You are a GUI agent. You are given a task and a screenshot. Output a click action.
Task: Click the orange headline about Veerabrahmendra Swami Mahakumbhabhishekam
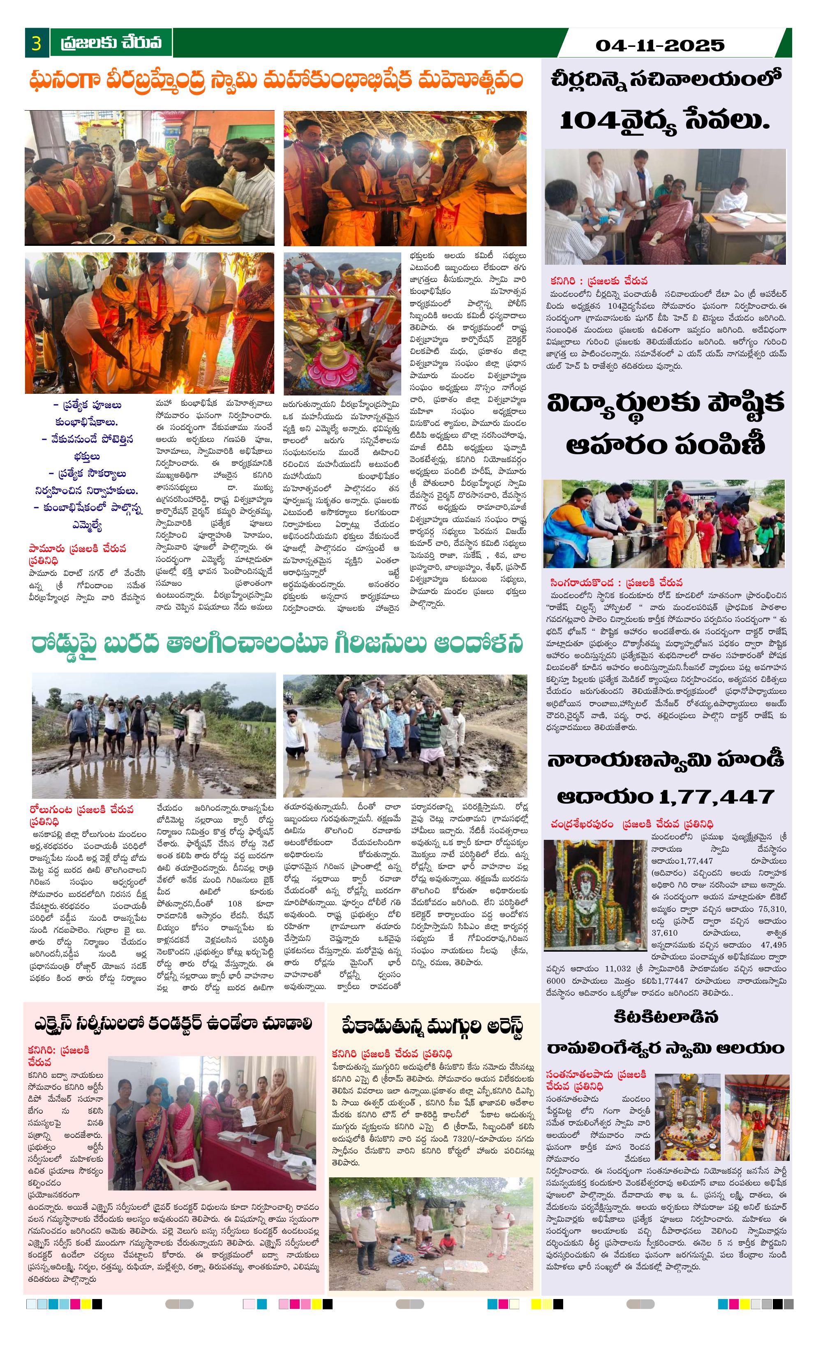276,80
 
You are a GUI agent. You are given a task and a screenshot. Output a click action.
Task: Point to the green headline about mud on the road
277,645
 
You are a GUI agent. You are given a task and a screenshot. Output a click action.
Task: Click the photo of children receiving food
663,523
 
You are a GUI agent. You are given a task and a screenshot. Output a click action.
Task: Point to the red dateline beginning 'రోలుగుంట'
81,815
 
